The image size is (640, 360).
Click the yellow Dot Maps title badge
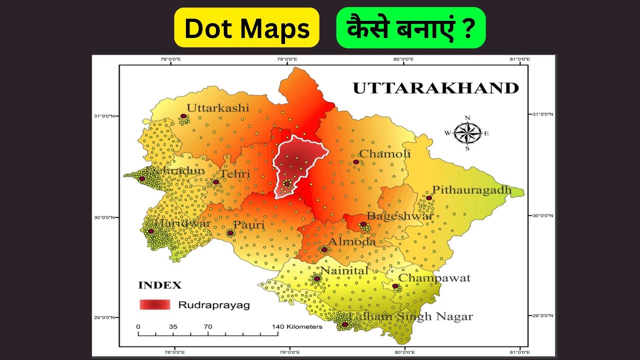246,28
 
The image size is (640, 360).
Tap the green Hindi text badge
410,28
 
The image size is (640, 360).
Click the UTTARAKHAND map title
435,88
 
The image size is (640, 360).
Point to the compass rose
467,133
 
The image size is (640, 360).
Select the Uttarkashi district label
217,108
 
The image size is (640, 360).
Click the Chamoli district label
385,154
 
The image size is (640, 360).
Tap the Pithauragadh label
472,190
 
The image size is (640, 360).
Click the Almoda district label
351,241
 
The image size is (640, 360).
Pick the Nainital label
344,270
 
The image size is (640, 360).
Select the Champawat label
434,278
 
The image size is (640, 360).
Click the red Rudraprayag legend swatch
155,304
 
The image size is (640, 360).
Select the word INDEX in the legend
159,286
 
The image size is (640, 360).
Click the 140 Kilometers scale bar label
297,326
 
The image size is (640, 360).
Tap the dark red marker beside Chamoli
356,162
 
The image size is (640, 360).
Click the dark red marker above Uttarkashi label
183,116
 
